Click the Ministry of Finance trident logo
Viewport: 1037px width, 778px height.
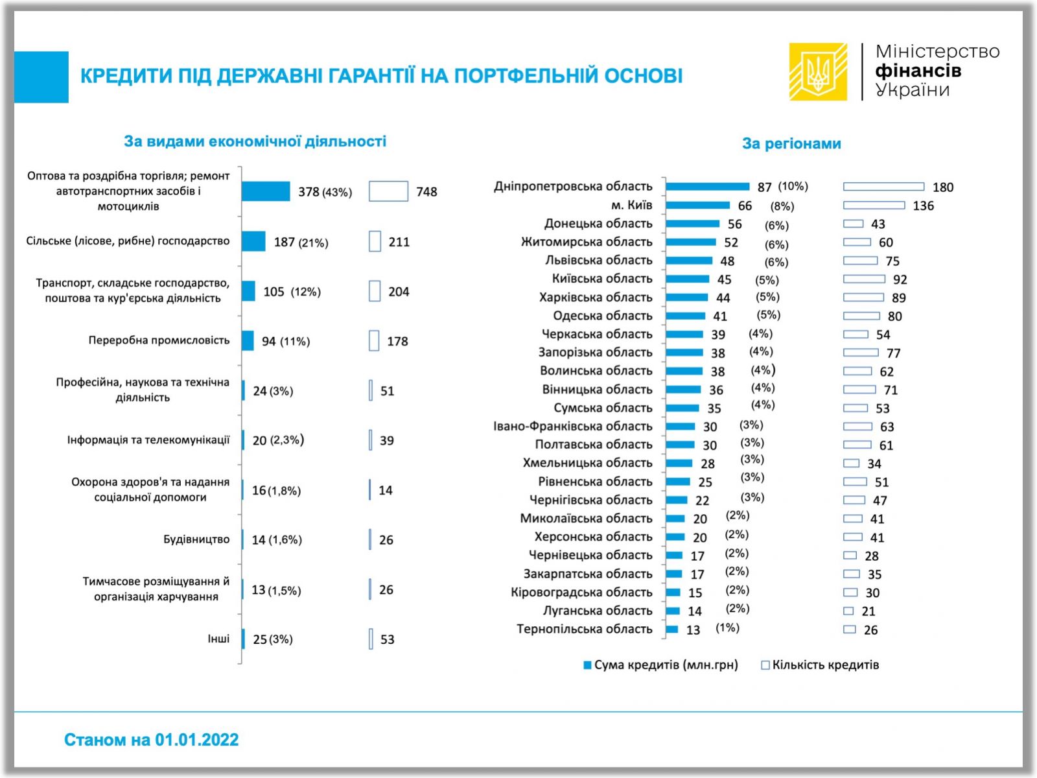point(818,71)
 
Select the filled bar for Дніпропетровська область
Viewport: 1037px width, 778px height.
point(707,187)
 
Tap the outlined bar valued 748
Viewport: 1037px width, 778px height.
point(388,191)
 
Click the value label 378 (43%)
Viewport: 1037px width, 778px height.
point(325,192)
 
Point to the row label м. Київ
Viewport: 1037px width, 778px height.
point(631,205)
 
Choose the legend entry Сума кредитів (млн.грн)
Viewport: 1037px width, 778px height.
point(661,665)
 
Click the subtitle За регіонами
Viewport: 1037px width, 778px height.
point(791,143)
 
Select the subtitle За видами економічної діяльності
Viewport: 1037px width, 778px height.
point(255,141)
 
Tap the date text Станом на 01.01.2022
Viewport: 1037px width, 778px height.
point(151,740)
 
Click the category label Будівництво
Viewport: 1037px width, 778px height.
point(196,539)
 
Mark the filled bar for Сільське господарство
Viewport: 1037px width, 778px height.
point(253,241)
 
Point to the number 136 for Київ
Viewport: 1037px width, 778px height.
point(923,206)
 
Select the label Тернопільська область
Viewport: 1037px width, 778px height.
point(584,629)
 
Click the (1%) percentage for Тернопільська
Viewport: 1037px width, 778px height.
point(727,628)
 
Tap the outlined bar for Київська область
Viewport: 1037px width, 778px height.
point(864,279)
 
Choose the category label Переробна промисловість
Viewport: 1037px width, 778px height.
point(159,340)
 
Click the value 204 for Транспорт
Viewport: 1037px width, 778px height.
point(399,292)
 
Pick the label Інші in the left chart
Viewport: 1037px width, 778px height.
point(218,639)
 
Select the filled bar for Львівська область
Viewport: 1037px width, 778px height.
point(689,261)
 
